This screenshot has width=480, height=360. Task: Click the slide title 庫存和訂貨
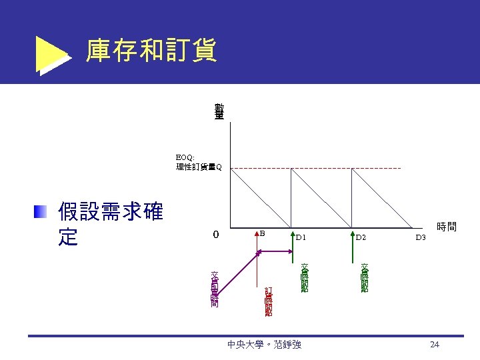pos(151,51)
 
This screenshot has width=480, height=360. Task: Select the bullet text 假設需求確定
pos(110,225)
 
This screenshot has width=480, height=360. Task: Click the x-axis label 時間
pos(446,227)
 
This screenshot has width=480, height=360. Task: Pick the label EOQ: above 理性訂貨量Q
pos(185,157)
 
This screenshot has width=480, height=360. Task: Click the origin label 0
pos(215,235)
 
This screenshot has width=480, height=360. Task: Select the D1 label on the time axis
pos(301,237)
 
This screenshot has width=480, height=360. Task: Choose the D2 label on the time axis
pos(361,237)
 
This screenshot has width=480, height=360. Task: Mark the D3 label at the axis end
pos(420,237)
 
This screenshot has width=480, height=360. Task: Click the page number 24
pos(435,344)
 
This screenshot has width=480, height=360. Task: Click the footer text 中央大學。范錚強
pos(264,345)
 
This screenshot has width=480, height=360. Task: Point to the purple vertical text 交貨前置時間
pos(215,289)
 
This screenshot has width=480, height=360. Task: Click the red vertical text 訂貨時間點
pos(268,301)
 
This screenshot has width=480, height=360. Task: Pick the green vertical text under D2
pos(365,277)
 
